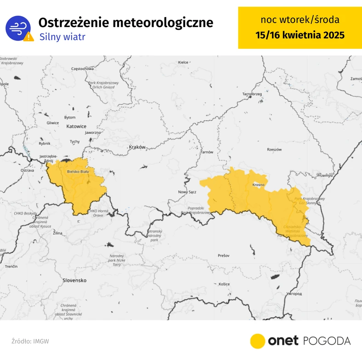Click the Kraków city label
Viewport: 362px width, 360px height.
(x=137, y=147)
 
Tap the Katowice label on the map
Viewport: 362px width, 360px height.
(x=76, y=126)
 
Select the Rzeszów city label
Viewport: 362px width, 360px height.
(x=274, y=149)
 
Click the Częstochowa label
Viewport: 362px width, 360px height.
(x=83, y=69)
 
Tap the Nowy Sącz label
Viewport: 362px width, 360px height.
(x=187, y=192)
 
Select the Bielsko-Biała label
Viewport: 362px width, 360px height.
(x=78, y=171)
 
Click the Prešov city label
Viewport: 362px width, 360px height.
(x=223, y=255)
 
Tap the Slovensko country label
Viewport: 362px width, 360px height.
(x=75, y=280)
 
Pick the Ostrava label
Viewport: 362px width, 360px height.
(x=28, y=171)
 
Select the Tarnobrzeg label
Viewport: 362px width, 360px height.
(x=252, y=94)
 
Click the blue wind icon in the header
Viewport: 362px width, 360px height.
(x=18, y=27)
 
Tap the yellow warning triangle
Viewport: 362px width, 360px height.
(x=29, y=37)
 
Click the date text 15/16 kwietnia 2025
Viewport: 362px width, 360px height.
(x=300, y=35)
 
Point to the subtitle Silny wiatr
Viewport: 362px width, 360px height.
(x=62, y=37)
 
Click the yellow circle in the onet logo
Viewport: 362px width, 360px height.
(x=258, y=341)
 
